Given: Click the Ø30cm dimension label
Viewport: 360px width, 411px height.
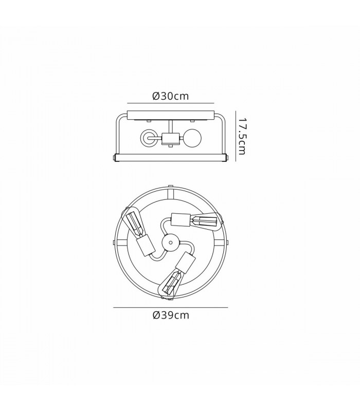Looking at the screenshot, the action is pyautogui.click(x=171, y=96).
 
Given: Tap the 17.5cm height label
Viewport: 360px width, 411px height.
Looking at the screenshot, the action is pyautogui.click(x=242, y=136).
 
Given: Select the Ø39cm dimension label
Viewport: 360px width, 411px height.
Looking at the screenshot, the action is pyautogui.click(x=171, y=315).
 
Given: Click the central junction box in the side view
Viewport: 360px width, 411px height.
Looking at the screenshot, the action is pyautogui.click(x=171, y=138).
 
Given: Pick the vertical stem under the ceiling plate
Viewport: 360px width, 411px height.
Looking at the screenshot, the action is pyautogui.click(x=171, y=127).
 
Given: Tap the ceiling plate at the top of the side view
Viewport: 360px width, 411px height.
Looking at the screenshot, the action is pyautogui.click(x=171, y=115).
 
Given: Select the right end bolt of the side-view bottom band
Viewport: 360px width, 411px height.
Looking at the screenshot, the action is pyautogui.click(x=227, y=158).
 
